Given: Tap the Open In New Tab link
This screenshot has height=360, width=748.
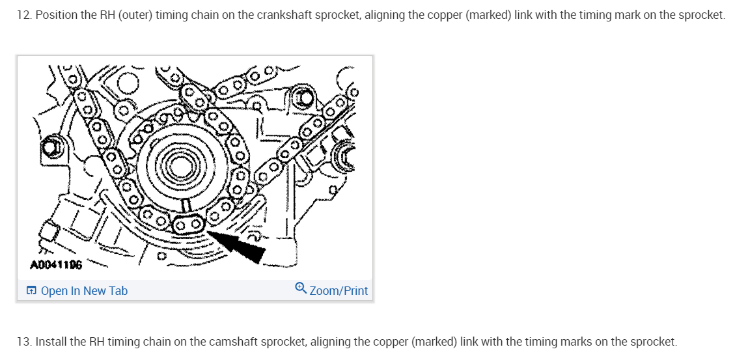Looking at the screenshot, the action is click(x=84, y=290).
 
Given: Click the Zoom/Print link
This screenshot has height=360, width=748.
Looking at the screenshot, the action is click(x=339, y=290).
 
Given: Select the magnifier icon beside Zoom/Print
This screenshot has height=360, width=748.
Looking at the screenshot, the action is click(x=301, y=288).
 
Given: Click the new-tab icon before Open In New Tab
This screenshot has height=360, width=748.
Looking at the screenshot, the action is click(x=31, y=290).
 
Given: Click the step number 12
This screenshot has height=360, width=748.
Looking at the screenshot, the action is click(x=24, y=14).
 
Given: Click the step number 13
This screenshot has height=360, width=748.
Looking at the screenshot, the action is click(x=24, y=341).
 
